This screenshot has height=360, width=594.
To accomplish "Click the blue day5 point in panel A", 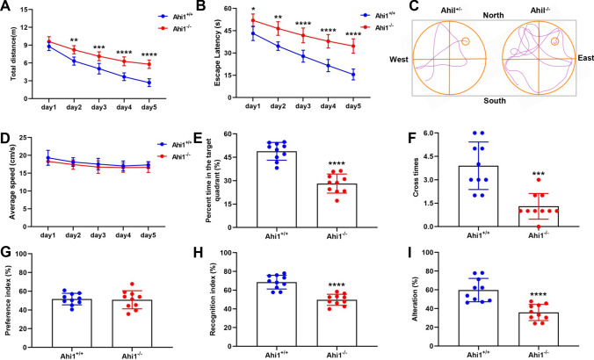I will pos(153,83).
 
